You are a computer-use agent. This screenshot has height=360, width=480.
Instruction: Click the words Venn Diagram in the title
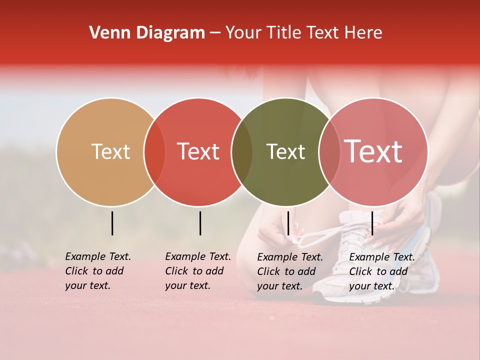(x=147, y=33)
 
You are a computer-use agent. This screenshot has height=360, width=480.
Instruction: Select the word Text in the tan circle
(x=110, y=151)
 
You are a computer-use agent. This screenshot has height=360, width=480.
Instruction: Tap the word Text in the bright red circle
(x=198, y=151)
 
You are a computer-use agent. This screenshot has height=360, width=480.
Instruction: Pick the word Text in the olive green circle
(x=285, y=151)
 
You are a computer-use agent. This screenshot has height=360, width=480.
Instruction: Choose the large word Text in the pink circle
(x=373, y=151)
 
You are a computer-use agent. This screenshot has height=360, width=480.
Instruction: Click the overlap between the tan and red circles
(x=154, y=152)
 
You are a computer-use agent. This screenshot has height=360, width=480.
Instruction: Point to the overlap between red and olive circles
(x=242, y=152)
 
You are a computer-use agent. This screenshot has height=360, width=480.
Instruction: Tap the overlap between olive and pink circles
(x=329, y=152)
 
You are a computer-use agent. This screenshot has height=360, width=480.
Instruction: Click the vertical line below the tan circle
(x=112, y=223)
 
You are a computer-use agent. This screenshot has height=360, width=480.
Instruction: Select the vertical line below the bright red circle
(x=200, y=223)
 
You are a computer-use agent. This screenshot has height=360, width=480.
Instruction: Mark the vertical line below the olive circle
(x=288, y=223)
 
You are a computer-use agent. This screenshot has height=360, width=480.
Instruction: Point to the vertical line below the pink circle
(x=372, y=223)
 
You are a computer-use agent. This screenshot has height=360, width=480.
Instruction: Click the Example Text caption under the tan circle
(x=97, y=271)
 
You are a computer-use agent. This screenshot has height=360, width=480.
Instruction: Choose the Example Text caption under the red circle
(x=197, y=271)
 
